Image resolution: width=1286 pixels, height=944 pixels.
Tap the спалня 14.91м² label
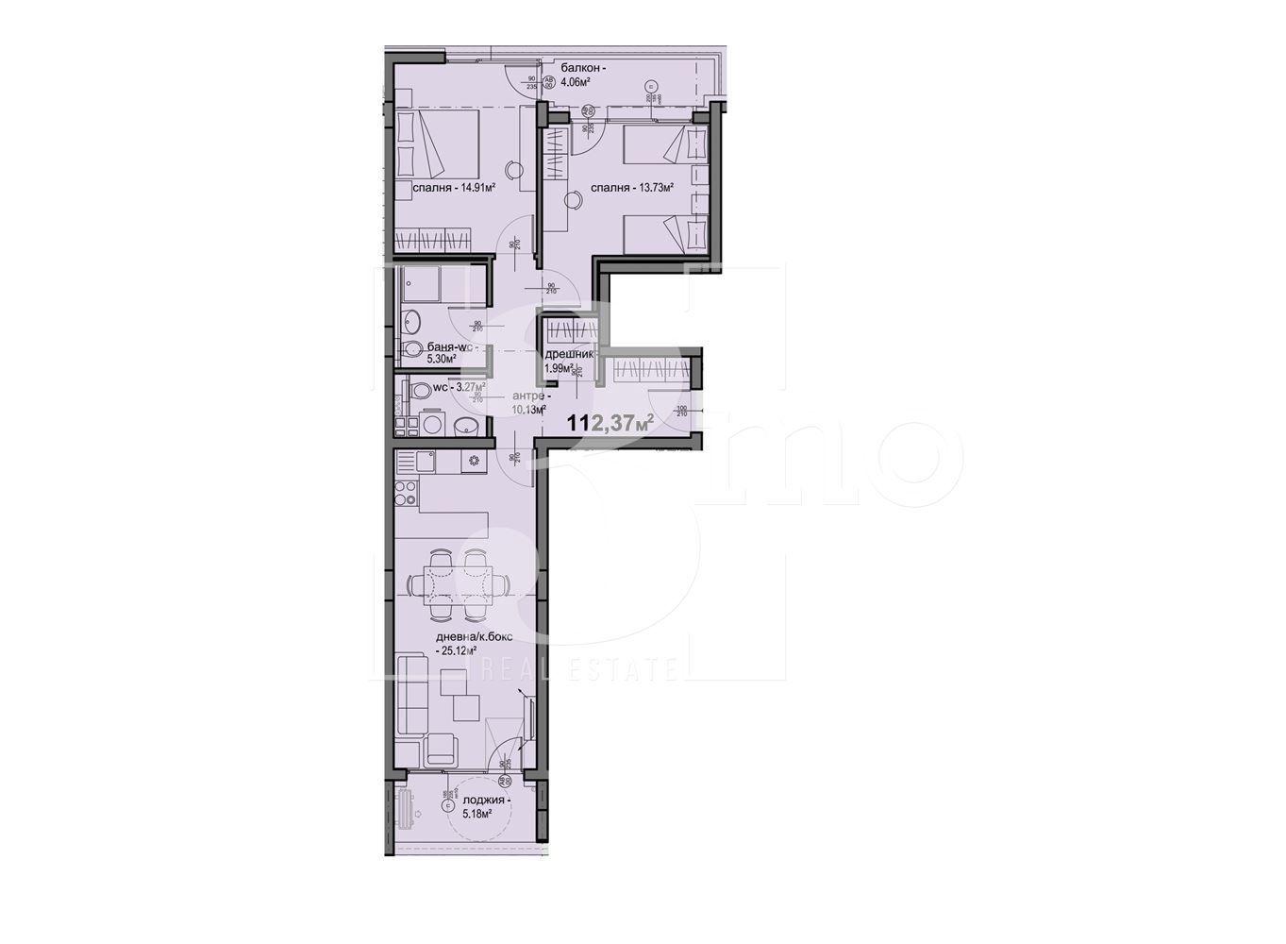(x=454, y=187)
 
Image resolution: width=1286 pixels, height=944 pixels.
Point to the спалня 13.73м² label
(x=631, y=188)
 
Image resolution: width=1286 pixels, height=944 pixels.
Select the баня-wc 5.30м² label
(x=442, y=352)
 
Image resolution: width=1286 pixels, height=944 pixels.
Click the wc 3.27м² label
(x=459, y=387)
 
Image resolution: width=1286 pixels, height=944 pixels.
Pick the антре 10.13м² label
(x=529, y=403)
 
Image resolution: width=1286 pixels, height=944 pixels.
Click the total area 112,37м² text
(x=610, y=423)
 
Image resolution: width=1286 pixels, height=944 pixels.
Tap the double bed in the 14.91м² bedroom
(x=435, y=143)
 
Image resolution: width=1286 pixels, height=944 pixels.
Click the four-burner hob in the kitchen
(x=406, y=493)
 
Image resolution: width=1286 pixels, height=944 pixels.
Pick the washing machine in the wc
(x=432, y=425)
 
